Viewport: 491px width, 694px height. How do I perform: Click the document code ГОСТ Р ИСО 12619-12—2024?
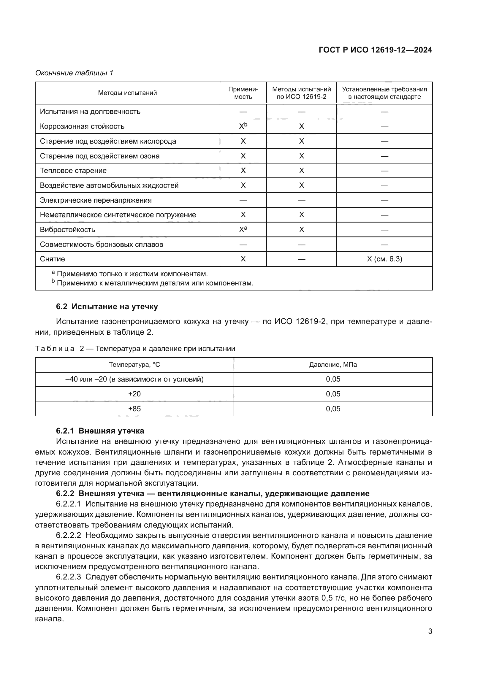click(375, 50)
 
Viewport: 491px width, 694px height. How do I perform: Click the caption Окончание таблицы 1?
click(74, 73)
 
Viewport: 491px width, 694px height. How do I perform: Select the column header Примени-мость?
click(243, 93)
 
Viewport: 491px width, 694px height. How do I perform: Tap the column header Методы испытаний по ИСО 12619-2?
click(301, 93)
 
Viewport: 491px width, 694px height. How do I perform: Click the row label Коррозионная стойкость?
click(82, 126)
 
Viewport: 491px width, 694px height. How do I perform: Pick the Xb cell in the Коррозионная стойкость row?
click(243, 126)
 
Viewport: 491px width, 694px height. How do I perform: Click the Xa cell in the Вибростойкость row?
click(243, 229)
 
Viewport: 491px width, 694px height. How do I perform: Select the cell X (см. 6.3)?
click(384, 259)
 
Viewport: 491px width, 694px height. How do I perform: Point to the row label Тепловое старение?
click(73, 171)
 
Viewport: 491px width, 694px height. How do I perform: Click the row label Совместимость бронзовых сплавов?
click(101, 244)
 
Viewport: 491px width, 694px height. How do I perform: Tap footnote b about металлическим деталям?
click(152, 283)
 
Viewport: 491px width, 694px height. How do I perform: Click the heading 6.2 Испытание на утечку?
click(107, 306)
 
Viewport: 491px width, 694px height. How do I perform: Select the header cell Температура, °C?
click(134, 365)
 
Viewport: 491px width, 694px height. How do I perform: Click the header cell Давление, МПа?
click(333, 365)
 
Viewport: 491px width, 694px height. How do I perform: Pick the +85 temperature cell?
click(134, 409)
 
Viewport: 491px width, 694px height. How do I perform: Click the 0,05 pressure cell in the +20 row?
click(333, 394)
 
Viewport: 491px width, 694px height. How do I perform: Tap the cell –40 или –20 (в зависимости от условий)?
click(134, 379)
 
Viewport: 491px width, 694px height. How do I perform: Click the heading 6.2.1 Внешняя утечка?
click(100, 431)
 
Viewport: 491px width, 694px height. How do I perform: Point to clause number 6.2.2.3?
click(68, 577)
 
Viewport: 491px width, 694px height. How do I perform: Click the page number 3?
click(430, 631)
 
